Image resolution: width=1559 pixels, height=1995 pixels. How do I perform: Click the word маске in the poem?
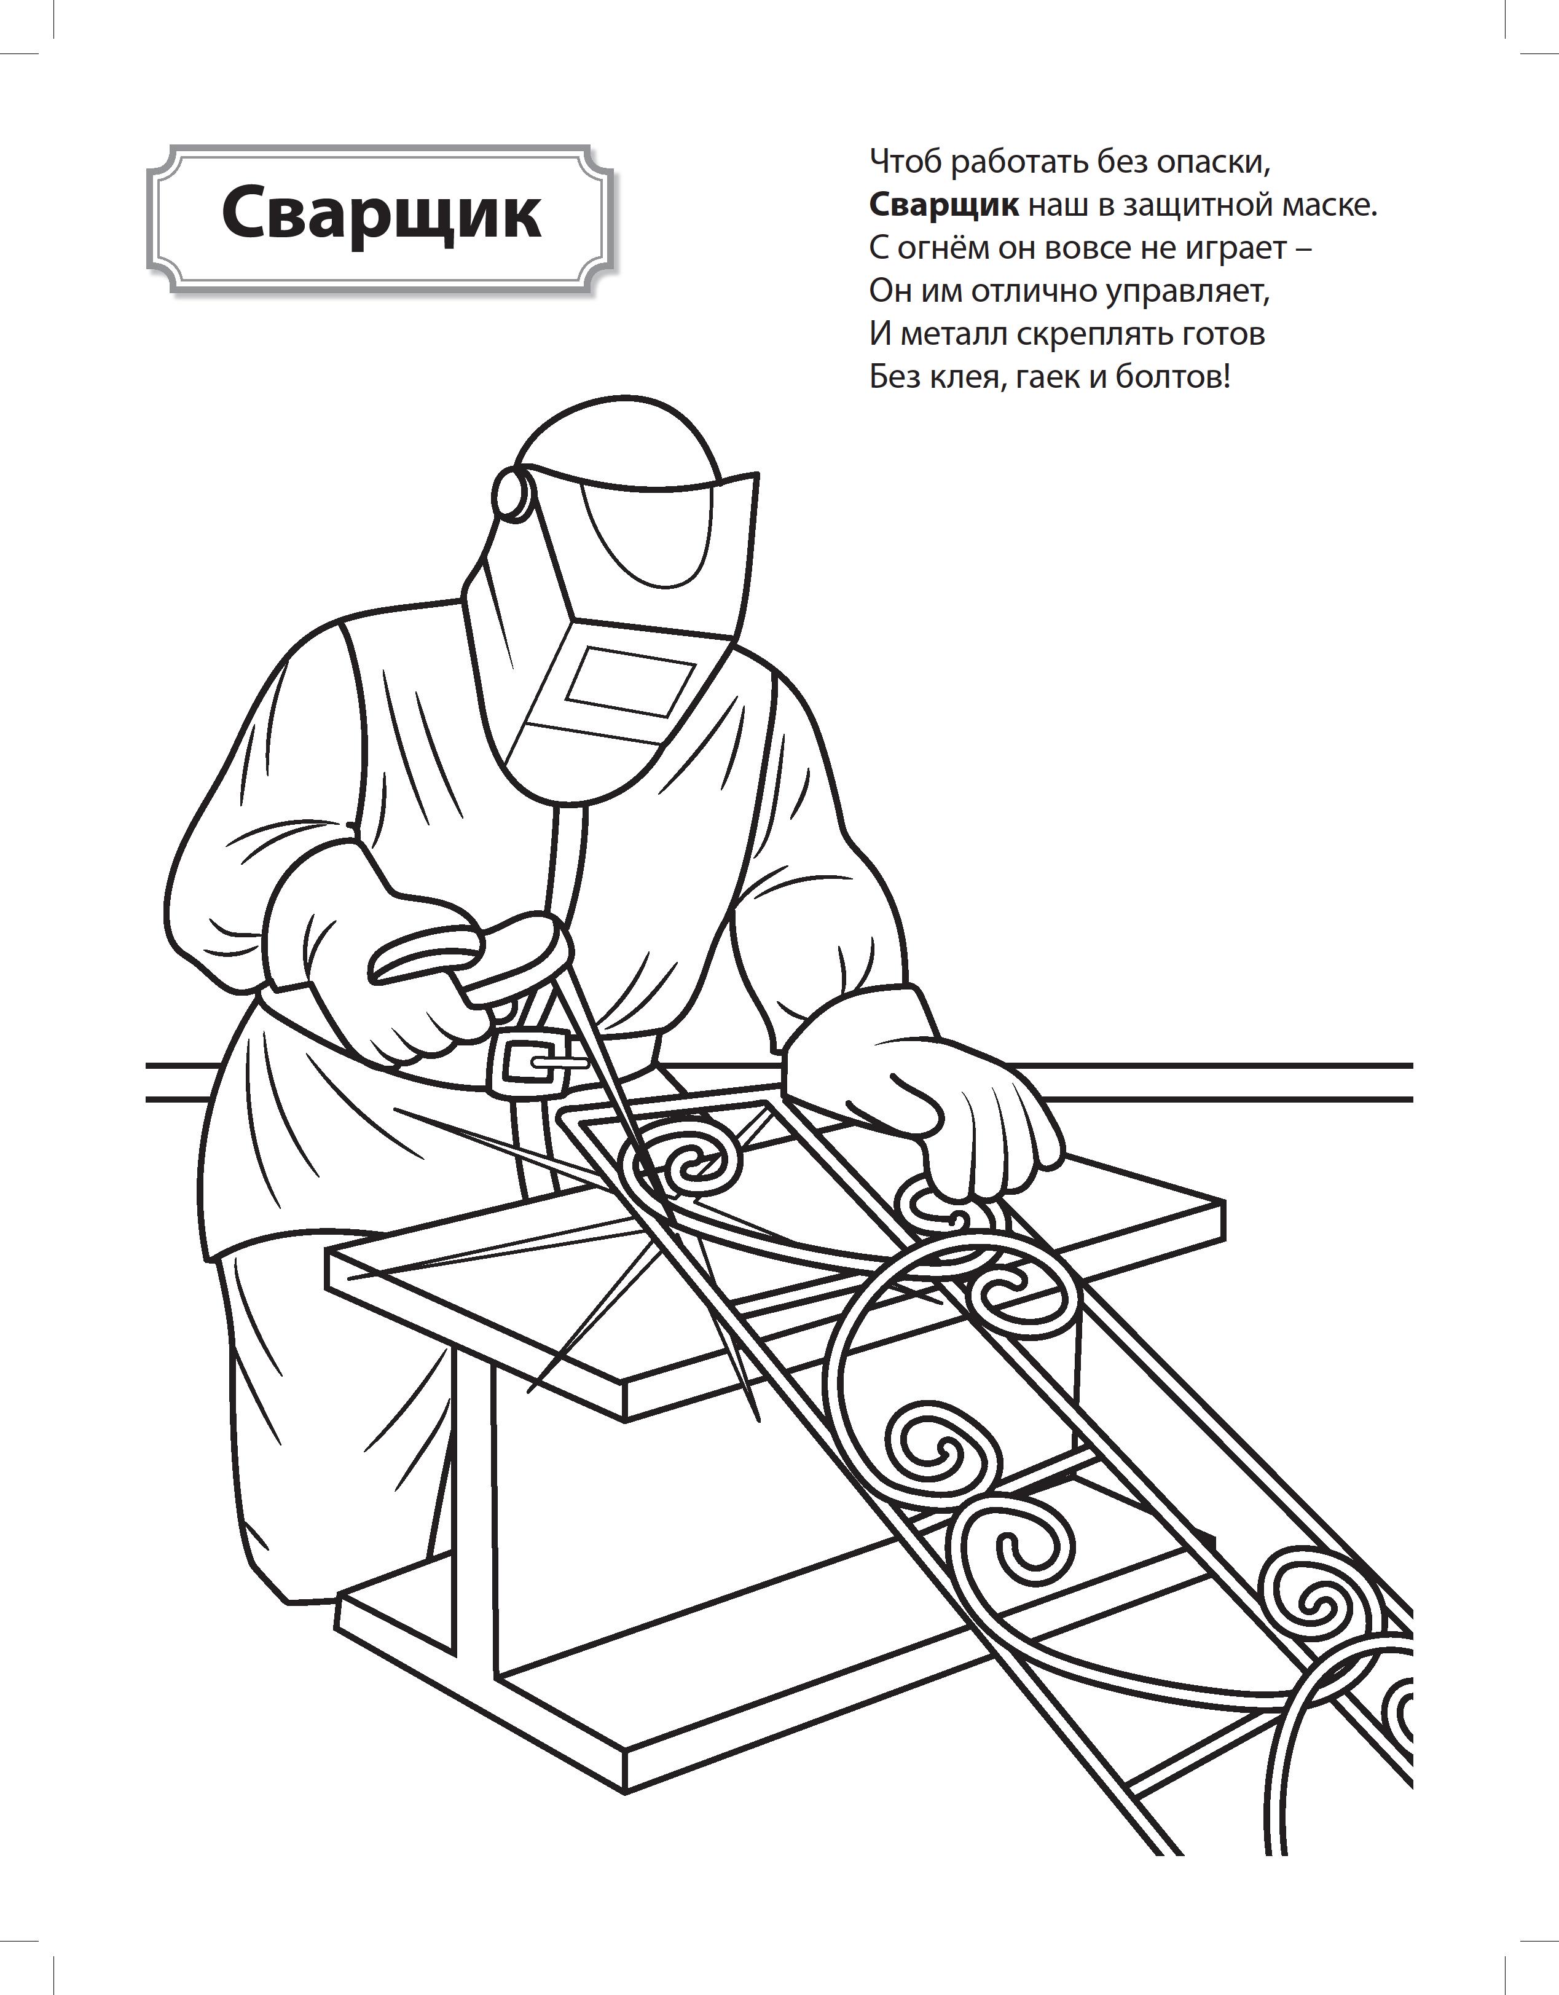click(x=1330, y=205)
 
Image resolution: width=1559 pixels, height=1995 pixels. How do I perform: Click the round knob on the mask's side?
click(x=511, y=494)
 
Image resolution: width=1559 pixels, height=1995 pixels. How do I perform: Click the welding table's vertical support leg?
click(x=476, y=1516)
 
